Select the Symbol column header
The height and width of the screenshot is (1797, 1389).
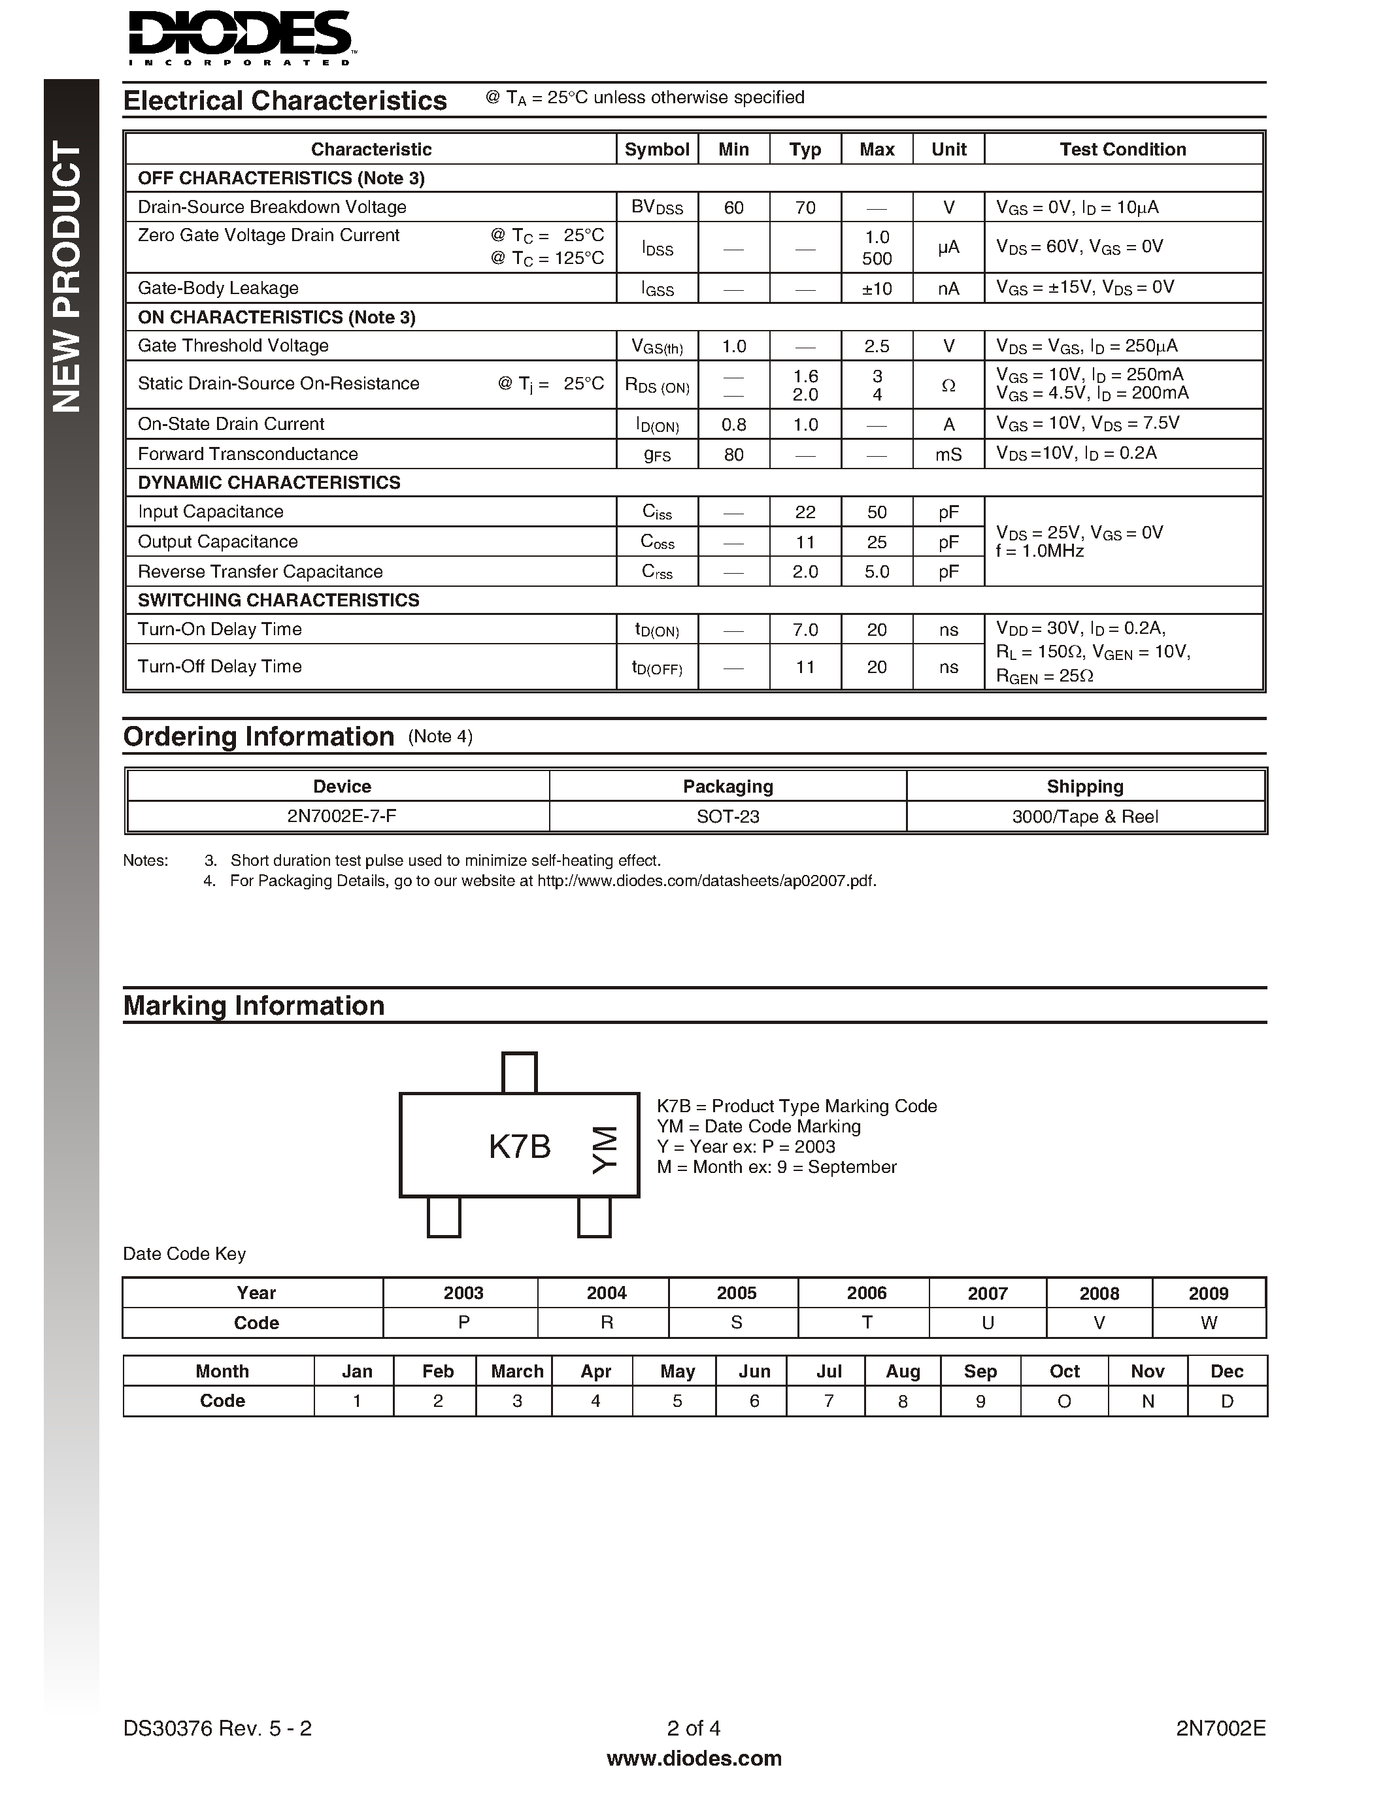coord(657,149)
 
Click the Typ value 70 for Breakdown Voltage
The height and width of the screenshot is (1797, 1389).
coord(805,207)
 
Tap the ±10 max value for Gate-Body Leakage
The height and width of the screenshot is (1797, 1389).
coord(877,289)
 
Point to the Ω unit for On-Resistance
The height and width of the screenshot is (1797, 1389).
coord(948,385)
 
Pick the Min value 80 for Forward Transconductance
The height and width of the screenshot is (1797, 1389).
coord(733,454)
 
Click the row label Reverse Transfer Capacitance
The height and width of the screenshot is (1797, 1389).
coord(260,572)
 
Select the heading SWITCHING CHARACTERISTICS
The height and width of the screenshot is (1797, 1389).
coord(278,601)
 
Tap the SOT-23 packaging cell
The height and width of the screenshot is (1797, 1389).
coord(728,817)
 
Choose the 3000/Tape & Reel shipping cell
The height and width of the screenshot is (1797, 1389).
coord(1084,817)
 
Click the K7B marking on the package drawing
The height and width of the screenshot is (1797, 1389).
coord(519,1146)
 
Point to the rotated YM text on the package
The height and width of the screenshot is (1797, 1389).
coord(604,1150)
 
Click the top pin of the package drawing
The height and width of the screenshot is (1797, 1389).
coord(519,1073)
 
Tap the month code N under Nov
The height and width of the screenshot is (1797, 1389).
coord(1147,1401)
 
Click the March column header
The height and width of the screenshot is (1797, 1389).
coord(517,1372)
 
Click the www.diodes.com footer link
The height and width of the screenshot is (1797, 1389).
coord(694,1759)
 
